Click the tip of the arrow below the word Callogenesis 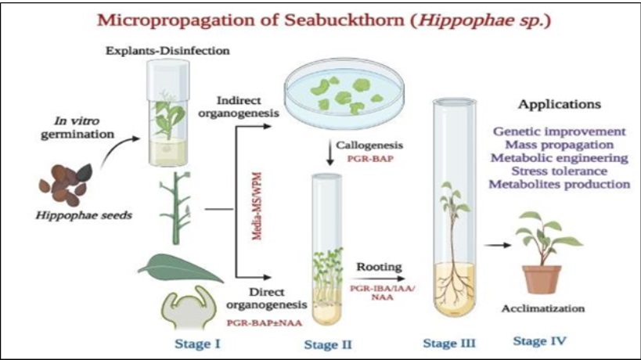[330, 165]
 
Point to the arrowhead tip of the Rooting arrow [405, 279]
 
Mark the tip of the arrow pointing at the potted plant [511, 245]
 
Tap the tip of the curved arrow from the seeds [140, 139]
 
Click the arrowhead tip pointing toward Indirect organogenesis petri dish [272, 127]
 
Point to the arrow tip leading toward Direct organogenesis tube [272, 278]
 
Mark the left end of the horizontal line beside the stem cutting [204, 210]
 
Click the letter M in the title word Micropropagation [106, 20]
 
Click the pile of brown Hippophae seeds [66, 185]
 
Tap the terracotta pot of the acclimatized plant [542, 279]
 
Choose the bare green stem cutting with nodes [177, 207]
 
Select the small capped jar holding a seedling [168, 113]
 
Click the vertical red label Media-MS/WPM [257, 206]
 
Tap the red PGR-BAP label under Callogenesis [370, 159]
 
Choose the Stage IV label [539, 341]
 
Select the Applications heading [560, 105]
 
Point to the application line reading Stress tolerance [560, 171]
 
